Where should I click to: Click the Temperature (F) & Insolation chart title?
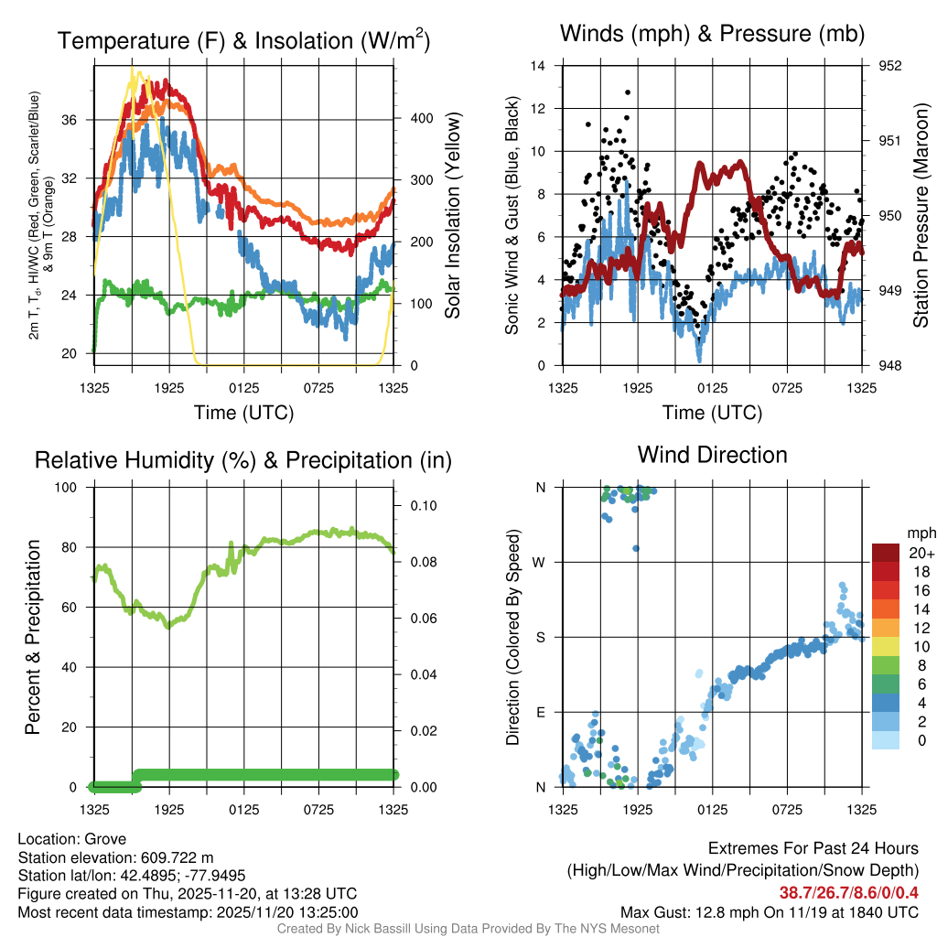pos(243,41)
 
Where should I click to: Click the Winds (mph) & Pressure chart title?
pos(712,34)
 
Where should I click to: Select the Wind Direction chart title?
pos(712,455)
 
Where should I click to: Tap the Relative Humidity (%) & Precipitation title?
pos(243,460)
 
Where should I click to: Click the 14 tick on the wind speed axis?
pos(538,66)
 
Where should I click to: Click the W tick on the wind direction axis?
pos(540,563)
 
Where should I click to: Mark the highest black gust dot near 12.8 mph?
pos(628,92)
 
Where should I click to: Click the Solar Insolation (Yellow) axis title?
pos(453,215)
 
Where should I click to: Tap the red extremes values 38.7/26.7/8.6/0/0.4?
pos(848,892)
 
